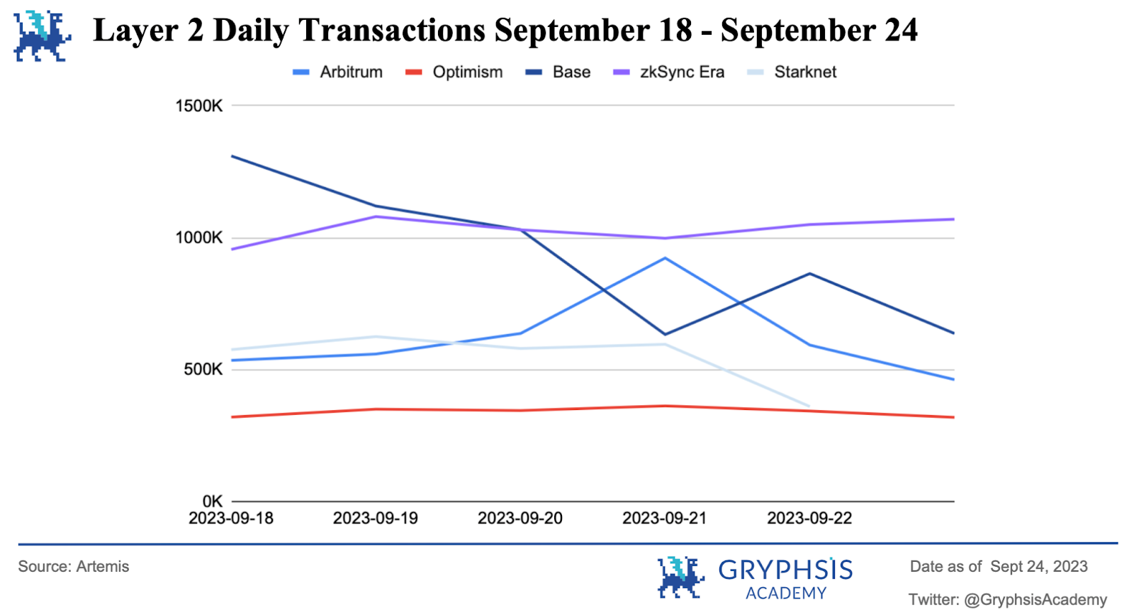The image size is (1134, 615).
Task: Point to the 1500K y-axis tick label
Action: click(x=198, y=106)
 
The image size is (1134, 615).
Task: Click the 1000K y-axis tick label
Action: click(x=198, y=238)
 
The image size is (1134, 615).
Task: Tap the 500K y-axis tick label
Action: click(x=203, y=370)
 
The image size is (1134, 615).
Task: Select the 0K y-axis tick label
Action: click(x=212, y=501)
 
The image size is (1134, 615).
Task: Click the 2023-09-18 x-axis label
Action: click(x=231, y=519)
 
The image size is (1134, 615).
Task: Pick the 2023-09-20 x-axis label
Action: click(x=520, y=519)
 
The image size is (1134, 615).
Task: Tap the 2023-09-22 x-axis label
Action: click(x=809, y=519)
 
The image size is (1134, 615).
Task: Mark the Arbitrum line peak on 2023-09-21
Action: click(x=665, y=258)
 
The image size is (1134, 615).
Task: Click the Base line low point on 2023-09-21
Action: click(x=665, y=334)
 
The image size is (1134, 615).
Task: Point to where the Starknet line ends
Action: click(x=809, y=406)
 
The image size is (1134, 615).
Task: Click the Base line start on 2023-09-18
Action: click(x=232, y=156)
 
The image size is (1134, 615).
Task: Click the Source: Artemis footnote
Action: click(x=74, y=567)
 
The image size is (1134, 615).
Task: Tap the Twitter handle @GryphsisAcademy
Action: click(x=1035, y=600)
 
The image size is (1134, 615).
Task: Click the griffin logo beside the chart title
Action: click(x=41, y=35)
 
